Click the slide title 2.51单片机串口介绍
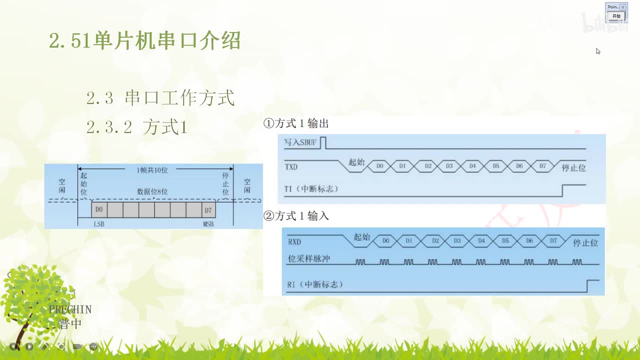pos(145,40)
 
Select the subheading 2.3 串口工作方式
pos(160,98)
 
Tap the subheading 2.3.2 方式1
pos(136,127)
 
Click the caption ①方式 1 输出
pos(296,123)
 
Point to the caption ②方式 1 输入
pos(296,216)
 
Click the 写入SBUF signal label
pos(300,142)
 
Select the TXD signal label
pos(291,166)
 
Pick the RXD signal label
pos(294,242)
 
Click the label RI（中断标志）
pos(315,284)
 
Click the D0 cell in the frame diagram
pos(99,209)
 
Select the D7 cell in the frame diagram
pos(208,209)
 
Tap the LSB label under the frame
pos(99,224)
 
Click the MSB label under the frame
pos(208,224)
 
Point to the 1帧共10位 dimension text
pos(152,170)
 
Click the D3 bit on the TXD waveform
pos(449,165)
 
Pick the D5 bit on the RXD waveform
pos(505,241)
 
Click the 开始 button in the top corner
pos(616,16)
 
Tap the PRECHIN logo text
pos(70,309)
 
